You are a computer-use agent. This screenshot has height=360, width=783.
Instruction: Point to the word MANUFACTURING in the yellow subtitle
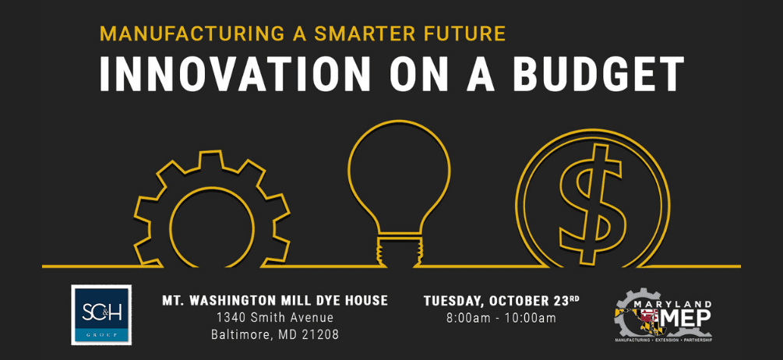pos(183,34)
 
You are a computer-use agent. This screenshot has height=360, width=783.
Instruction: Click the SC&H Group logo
pos(101,315)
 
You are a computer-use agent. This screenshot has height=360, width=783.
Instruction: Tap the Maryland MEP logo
pos(663,316)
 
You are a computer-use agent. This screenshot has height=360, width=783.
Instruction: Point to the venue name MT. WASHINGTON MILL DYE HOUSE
pos(274,300)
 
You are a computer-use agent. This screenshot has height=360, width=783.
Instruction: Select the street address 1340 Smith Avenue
pos(274,318)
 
